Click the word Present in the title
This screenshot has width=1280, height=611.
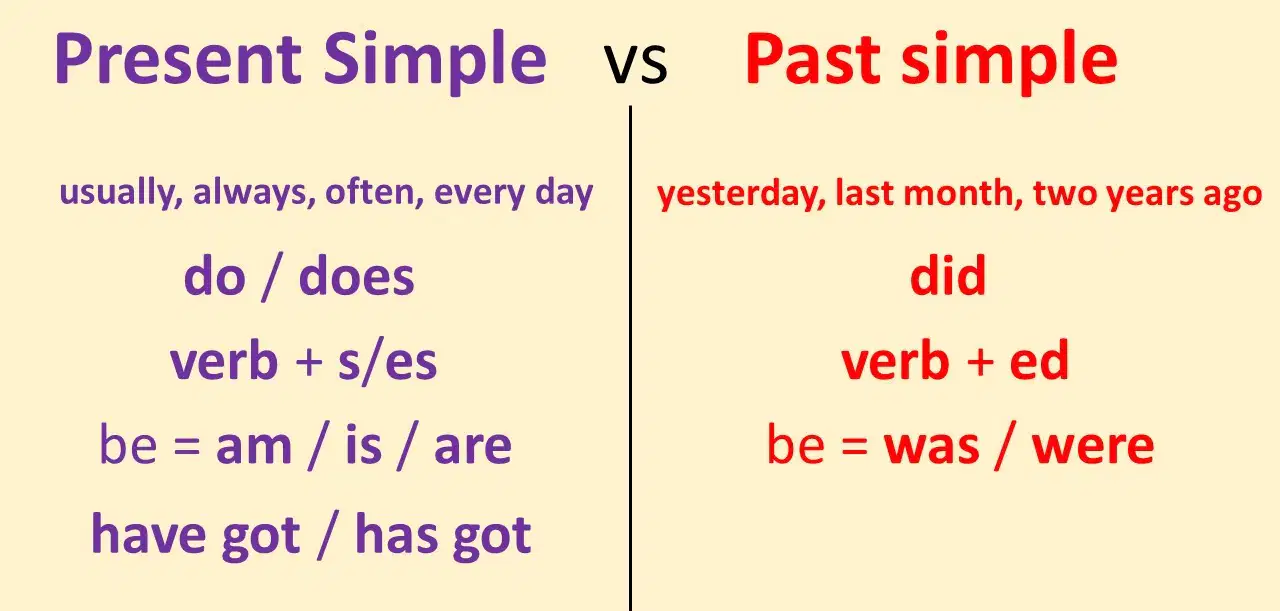point(178,59)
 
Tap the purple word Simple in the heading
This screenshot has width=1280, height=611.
point(435,63)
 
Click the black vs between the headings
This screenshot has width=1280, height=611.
point(635,63)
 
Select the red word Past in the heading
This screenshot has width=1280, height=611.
point(812,59)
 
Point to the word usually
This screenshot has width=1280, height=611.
point(121,193)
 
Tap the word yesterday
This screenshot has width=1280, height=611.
point(741,194)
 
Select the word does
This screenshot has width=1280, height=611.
point(357,277)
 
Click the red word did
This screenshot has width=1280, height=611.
point(949,275)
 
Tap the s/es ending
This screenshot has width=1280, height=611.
point(387,361)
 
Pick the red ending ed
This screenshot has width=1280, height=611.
point(1039,360)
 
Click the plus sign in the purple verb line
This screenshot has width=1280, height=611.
point(309,362)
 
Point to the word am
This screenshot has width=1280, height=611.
point(254,448)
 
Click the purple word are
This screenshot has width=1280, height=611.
point(473,448)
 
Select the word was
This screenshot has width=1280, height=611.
point(931,448)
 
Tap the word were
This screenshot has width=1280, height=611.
point(1093,448)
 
